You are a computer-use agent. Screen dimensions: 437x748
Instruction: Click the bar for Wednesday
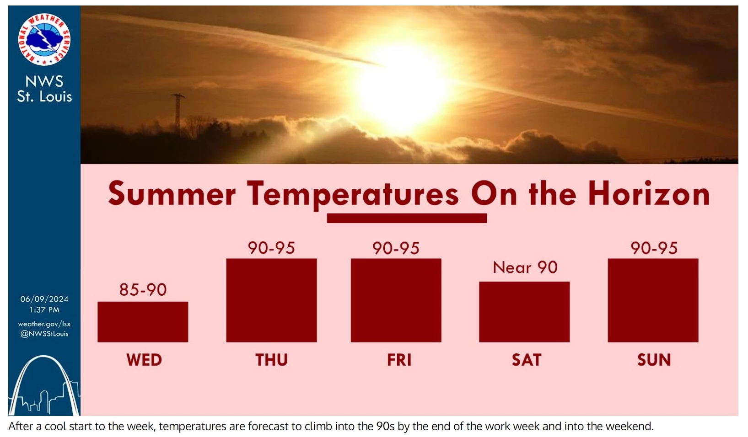click(143, 322)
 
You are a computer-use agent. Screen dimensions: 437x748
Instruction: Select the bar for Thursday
click(271, 300)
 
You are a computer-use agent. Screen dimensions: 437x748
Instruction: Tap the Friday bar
click(396, 300)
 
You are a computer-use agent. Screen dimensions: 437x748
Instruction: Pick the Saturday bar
click(524, 312)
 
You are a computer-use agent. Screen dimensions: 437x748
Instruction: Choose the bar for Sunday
click(653, 300)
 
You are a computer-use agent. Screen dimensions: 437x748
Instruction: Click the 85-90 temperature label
click(143, 290)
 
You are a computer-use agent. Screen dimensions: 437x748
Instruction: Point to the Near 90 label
click(525, 267)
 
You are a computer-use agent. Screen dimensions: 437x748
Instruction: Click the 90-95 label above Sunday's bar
click(654, 248)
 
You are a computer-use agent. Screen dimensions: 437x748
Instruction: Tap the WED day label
click(144, 360)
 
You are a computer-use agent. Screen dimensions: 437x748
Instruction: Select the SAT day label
click(526, 360)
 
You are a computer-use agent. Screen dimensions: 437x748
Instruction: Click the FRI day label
click(399, 360)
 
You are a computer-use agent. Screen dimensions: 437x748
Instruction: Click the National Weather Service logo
click(44, 39)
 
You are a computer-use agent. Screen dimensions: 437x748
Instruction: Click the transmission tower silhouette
click(178, 112)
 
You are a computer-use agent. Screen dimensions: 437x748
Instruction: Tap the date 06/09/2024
click(44, 299)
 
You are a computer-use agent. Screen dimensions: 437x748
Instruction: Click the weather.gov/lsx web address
click(44, 324)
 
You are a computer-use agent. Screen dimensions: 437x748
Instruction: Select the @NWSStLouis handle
click(44, 334)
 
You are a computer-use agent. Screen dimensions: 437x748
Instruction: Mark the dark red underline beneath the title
click(407, 218)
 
